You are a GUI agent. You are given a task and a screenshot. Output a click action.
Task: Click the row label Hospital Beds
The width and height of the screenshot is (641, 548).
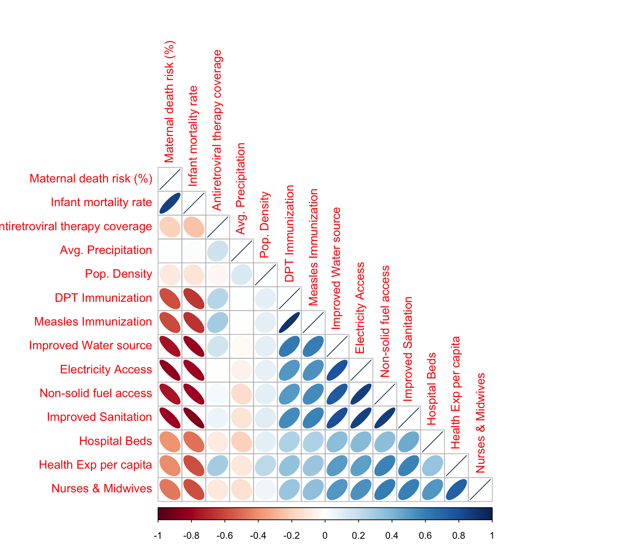click(x=115, y=441)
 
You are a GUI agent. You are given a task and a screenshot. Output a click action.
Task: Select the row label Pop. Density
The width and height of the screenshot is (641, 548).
click(x=118, y=274)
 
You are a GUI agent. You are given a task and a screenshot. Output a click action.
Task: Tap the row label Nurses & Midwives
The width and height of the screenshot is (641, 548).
click(x=102, y=488)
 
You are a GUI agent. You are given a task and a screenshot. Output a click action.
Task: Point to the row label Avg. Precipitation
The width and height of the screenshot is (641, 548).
click(x=106, y=250)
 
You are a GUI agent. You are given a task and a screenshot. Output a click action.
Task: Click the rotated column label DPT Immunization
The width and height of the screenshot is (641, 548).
click(x=289, y=234)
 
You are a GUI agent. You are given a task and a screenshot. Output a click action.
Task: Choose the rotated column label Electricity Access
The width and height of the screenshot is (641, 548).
click(x=360, y=308)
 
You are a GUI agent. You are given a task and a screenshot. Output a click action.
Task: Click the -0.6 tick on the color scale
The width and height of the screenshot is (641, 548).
click(x=225, y=535)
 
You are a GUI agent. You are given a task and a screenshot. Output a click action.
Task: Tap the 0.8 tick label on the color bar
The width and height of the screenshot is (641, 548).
click(x=458, y=535)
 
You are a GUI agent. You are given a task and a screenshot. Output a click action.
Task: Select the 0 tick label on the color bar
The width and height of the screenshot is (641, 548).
click(x=325, y=535)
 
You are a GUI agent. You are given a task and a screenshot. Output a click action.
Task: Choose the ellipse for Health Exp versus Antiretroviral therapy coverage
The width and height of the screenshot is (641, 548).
click(x=218, y=465)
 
